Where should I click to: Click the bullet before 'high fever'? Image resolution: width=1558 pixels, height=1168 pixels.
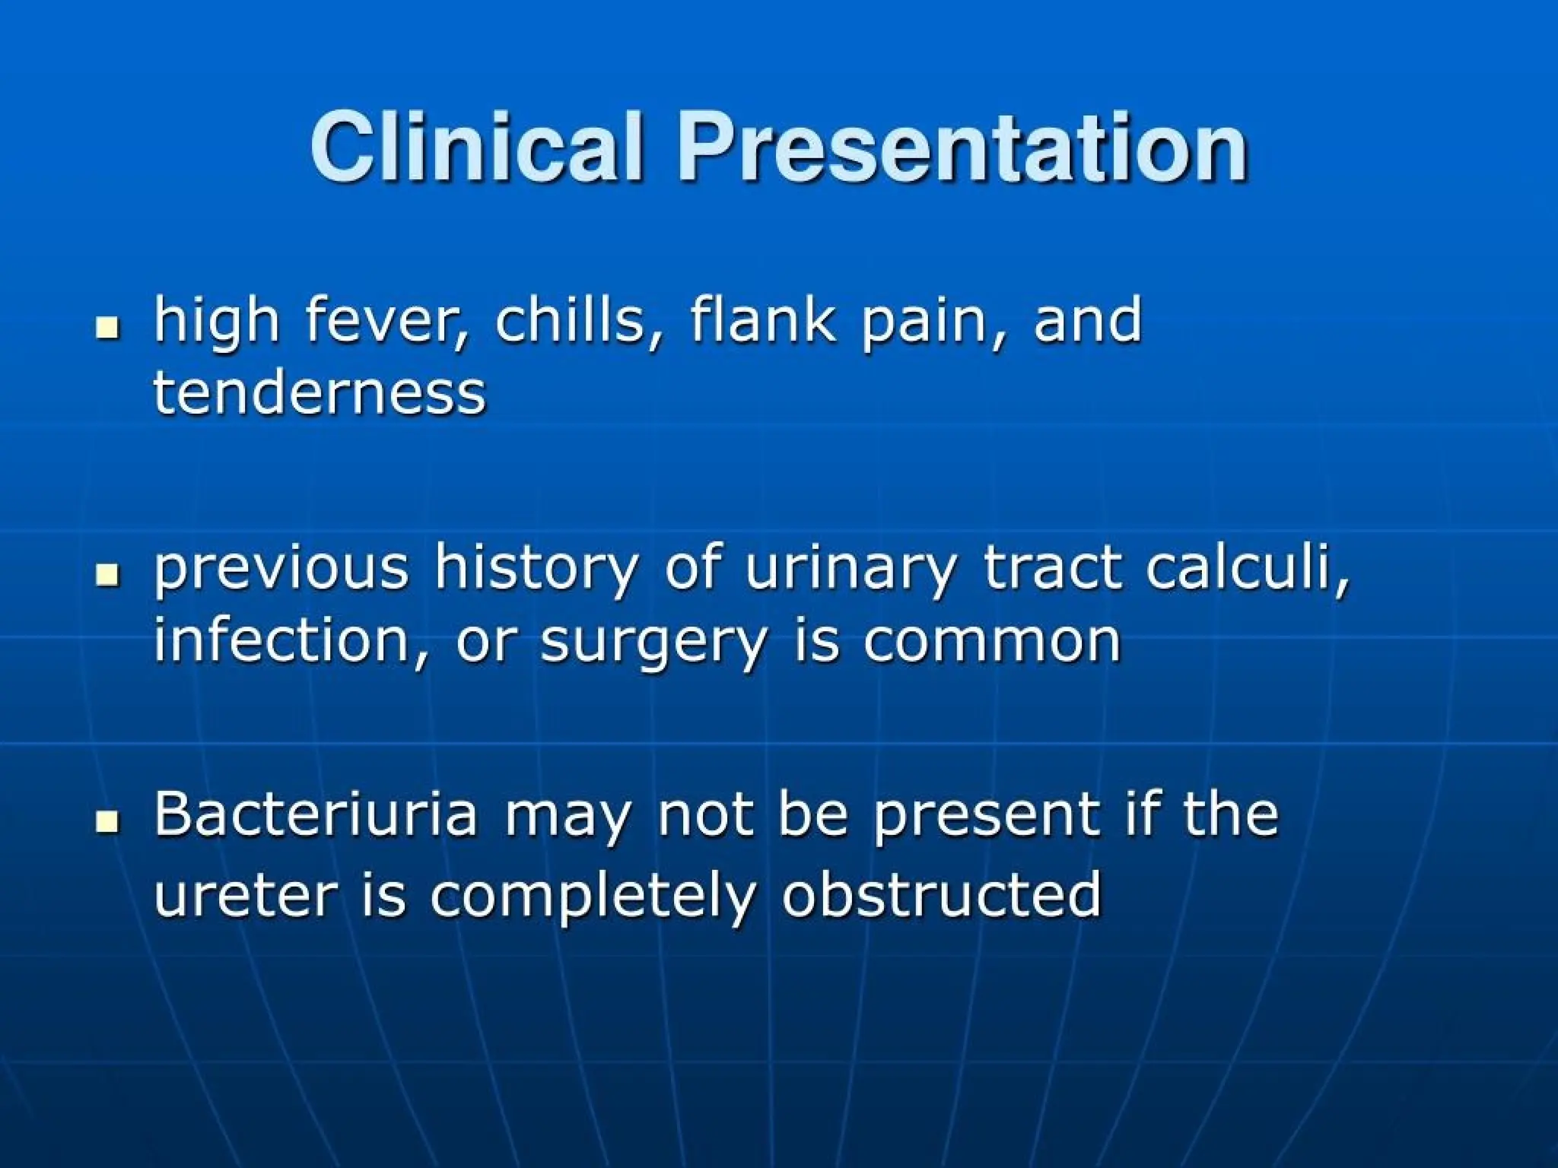(109, 328)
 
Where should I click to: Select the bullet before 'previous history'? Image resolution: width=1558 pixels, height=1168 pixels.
(109, 576)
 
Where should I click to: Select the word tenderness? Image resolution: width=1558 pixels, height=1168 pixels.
(320, 394)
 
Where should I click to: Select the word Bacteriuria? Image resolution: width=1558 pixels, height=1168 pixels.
(316, 814)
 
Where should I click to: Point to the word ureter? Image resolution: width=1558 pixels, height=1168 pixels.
(245, 896)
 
